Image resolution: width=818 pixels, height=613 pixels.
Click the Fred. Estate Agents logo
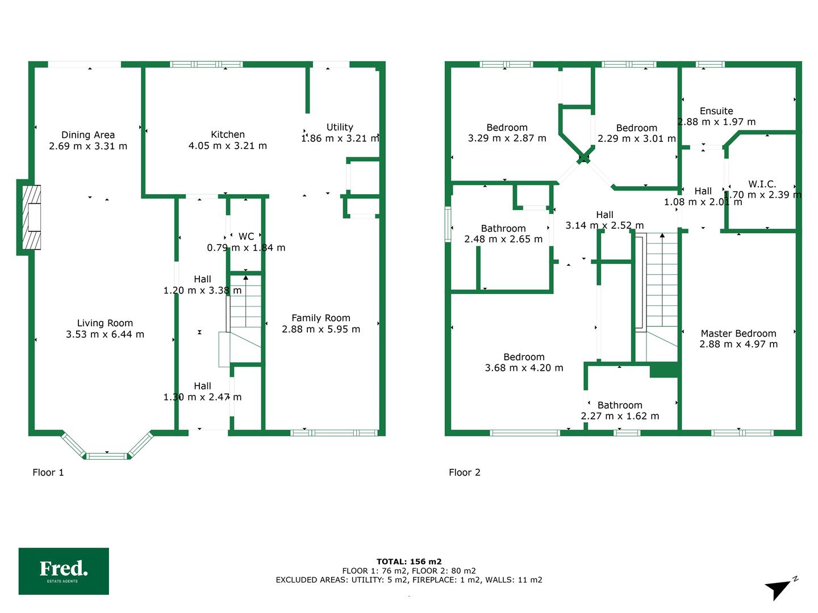pos(64,571)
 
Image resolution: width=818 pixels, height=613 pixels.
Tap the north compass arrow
pos(778,590)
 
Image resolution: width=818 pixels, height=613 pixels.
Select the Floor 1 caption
pos(48,472)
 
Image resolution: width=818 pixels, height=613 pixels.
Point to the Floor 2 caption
pos(464,472)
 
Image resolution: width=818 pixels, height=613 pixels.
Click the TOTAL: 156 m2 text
pos(409,561)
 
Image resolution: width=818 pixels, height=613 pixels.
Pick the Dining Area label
pos(88,135)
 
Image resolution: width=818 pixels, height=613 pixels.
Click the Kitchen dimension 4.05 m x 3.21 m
pos(228,145)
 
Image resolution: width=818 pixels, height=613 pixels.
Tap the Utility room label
pos(340,127)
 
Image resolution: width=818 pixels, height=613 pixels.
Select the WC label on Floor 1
pos(246,236)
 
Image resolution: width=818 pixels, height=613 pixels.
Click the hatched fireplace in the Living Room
pos(32,217)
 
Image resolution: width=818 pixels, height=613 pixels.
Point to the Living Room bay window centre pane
pos(107,456)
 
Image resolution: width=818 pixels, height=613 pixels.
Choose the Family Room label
pos(321,318)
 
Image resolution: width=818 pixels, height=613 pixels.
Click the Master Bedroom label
pos(738,334)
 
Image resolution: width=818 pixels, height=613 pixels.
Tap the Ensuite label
pos(716,111)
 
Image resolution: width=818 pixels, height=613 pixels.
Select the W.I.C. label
pos(762,184)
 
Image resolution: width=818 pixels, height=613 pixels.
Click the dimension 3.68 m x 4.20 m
pos(524,368)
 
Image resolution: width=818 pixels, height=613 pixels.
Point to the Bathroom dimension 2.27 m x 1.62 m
pos(620,415)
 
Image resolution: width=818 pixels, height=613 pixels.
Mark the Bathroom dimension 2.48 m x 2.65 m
pos(503,239)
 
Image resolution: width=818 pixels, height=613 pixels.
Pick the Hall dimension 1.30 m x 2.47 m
pos(202,397)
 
